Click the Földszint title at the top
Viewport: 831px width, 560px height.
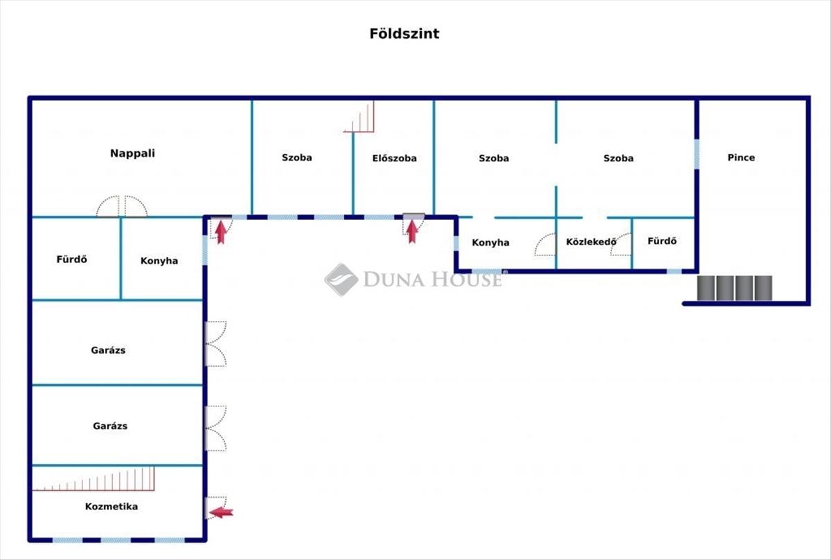[404, 34]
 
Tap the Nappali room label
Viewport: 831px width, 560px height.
[132, 154]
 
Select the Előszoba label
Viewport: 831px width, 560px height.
[395, 159]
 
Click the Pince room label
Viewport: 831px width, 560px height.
[741, 158]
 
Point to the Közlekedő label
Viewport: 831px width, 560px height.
[591, 242]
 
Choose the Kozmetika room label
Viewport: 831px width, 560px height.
[111, 507]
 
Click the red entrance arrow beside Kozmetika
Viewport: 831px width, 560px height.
[222, 512]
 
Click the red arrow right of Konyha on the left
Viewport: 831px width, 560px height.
[221, 231]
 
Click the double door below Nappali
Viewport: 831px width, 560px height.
[122, 207]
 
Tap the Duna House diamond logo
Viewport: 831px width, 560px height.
[341, 280]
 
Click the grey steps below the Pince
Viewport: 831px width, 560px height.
[734, 289]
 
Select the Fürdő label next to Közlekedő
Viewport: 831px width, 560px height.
[662, 242]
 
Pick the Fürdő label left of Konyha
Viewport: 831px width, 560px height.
[72, 260]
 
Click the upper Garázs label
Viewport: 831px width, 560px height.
[108, 350]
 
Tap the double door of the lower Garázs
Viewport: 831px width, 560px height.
[216, 428]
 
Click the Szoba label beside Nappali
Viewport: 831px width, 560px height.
[296, 158]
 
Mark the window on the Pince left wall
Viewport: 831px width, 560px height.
[697, 154]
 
